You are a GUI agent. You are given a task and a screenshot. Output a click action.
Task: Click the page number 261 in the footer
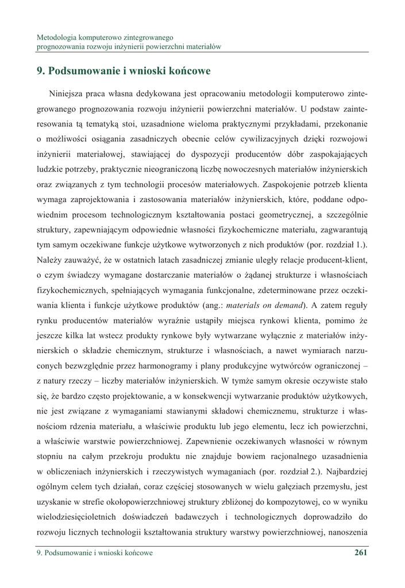coord(361,553)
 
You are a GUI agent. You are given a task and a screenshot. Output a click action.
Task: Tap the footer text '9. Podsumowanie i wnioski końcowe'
coord(94,553)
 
